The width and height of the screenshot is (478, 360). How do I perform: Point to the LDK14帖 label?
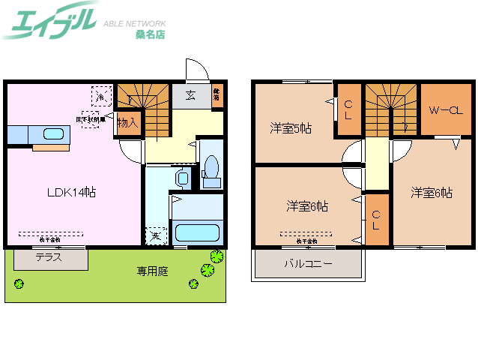pos(72,193)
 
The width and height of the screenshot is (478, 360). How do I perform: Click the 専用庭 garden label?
pos(152,271)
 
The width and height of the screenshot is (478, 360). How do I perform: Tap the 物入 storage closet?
pos(128,123)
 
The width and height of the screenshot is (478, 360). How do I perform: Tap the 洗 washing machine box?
pos(155,235)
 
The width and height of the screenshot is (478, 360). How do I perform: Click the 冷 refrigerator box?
pos(100,96)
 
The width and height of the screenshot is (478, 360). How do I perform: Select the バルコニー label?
pos(308,264)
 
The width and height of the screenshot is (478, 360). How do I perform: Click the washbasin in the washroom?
pos(180,177)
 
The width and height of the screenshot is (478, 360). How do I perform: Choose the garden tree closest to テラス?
pos(18,283)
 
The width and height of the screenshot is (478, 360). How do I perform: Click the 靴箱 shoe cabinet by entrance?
pos(217,94)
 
